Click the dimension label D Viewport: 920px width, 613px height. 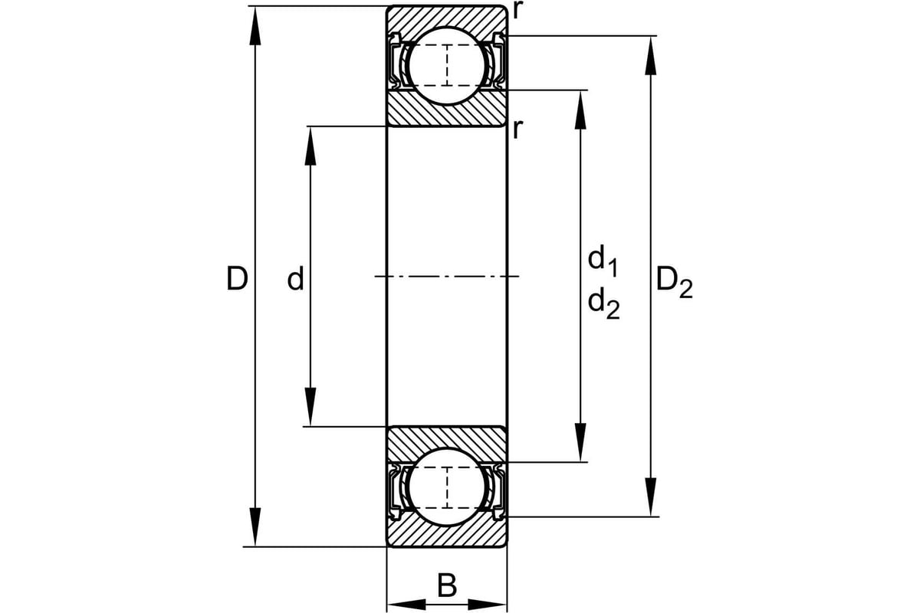237,278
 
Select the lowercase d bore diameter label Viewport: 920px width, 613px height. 295,278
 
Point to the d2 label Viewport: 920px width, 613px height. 603,303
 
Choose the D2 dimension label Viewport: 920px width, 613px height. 675,284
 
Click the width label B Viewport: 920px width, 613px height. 447,585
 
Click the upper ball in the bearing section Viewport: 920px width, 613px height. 447,66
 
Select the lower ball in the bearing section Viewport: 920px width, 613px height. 447,487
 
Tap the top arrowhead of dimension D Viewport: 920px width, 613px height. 255,25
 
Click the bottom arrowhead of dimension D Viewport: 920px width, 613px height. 255,527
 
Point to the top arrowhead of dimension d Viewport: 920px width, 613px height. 310,146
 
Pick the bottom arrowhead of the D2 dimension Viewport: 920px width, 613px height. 651,497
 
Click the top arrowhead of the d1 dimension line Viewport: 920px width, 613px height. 580,110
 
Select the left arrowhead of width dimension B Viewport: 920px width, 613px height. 406,605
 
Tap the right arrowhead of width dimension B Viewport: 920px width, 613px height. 487,605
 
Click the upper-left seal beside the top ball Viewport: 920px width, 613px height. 396,61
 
